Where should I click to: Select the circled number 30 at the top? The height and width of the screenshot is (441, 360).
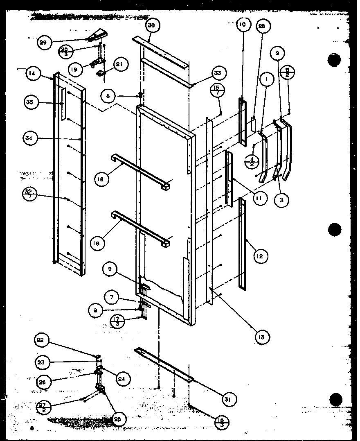(x=151, y=25)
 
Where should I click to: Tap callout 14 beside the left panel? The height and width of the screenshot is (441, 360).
(x=32, y=74)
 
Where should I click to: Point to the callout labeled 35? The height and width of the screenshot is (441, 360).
(x=29, y=102)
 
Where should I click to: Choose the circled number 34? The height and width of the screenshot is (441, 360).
(x=28, y=139)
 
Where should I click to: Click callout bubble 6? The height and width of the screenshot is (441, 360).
(x=108, y=96)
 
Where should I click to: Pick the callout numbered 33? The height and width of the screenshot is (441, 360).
(x=217, y=73)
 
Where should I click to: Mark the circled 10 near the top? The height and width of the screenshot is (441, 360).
(x=242, y=25)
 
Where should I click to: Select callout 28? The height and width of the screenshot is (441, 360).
(x=262, y=26)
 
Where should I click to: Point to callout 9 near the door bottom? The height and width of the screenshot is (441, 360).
(x=110, y=269)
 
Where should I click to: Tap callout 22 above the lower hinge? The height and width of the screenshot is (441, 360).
(x=42, y=341)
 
